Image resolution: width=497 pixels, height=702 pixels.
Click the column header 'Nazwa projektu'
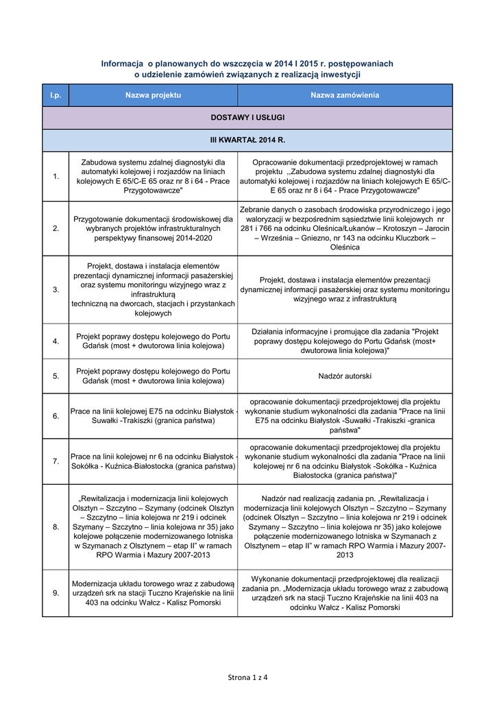[x=152, y=95]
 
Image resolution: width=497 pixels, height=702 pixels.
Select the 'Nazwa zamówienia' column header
[x=344, y=95]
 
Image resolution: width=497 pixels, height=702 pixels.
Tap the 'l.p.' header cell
[x=56, y=95]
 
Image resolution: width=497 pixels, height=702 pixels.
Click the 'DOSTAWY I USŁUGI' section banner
[x=247, y=118]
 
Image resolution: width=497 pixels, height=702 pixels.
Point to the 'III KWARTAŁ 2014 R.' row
[x=247, y=140]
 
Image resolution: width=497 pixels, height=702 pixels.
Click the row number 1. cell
[x=56, y=177]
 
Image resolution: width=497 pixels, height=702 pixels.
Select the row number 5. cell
[x=56, y=376]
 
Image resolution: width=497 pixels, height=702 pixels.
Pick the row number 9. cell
[x=56, y=593]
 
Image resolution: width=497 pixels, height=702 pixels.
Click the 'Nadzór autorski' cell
[x=344, y=376]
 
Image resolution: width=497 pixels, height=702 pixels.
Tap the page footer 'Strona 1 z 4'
[x=247, y=677]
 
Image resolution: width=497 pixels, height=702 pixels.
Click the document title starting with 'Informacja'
[x=247, y=69]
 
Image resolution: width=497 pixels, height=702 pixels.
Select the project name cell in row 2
[x=152, y=228]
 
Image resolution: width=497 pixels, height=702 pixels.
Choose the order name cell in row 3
[x=344, y=289]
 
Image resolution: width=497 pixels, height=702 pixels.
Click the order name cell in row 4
[x=344, y=341]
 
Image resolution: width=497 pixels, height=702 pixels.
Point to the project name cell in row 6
[x=152, y=416]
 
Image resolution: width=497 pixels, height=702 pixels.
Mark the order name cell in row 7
[x=344, y=461]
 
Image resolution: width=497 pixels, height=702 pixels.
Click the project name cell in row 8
[x=152, y=526]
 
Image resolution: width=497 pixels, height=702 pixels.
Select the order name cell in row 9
[x=344, y=593]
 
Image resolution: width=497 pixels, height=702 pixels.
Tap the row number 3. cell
[x=56, y=289]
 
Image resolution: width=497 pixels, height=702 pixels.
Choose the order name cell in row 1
[x=344, y=176]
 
